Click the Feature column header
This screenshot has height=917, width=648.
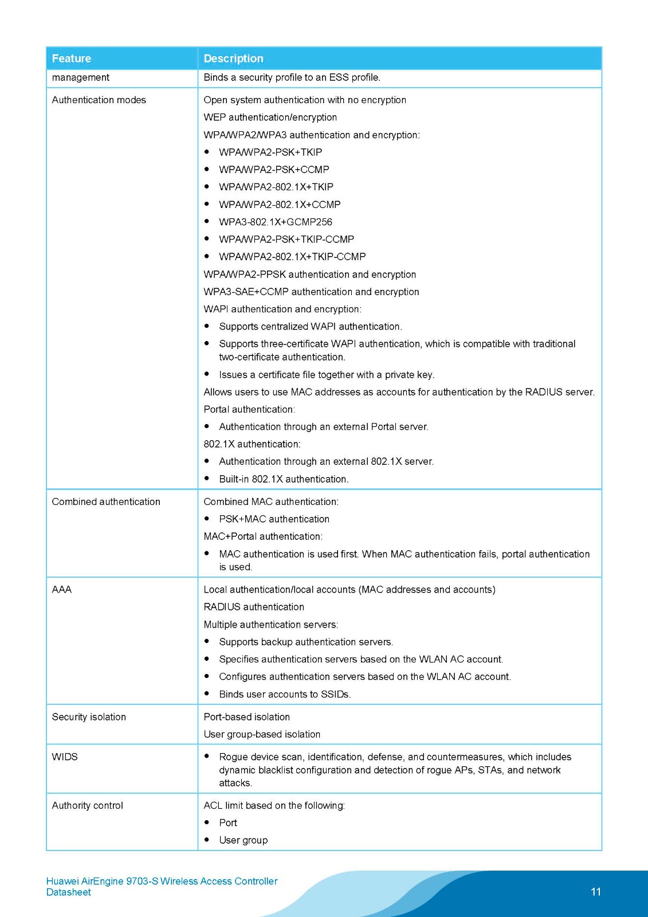point(72,58)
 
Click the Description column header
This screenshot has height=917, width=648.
point(233,58)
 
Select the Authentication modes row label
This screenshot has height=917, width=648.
point(99,100)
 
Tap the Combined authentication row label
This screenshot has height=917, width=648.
point(106,501)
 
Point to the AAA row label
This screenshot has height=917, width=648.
point(62,589)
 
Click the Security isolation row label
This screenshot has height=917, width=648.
point(89,717)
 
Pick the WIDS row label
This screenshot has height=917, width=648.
point(65,757)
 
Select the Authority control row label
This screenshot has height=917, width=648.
point(87,805)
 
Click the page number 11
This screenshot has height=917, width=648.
point(596,892)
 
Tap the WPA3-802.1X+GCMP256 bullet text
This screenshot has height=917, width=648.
point(276,222)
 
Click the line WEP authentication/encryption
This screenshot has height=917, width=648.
point(270,117)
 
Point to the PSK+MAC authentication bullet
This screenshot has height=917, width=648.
point(274,519)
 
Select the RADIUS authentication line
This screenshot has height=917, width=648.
point(254,606)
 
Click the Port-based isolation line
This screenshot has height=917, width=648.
point(246,717)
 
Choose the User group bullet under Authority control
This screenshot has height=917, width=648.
point(243,840)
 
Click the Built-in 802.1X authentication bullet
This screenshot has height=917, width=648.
point(284,479)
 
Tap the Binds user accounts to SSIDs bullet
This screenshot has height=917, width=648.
point(285,694)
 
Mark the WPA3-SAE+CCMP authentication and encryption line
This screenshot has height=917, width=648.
point(311,292)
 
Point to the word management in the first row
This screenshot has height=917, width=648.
point(80,77)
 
